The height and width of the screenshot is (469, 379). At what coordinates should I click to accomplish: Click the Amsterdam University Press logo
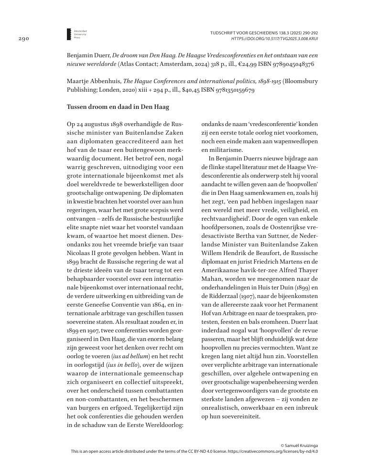click(x=70, y=33)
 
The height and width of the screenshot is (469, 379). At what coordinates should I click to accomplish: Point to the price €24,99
click(x=244, y=64)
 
